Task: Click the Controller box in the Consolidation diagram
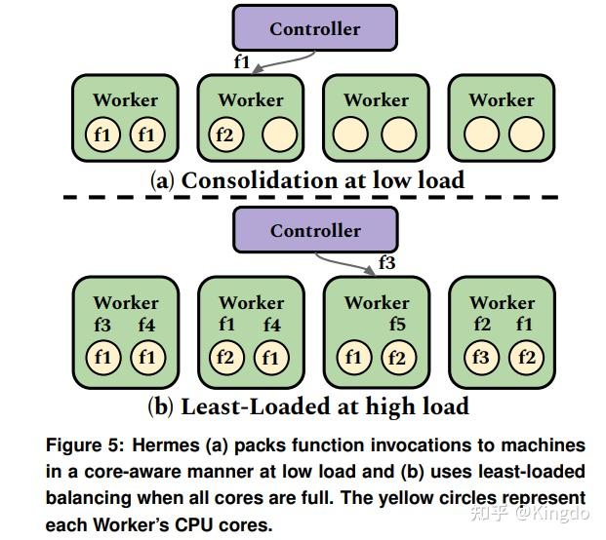pos(314,28)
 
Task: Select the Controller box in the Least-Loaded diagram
pos(314,231)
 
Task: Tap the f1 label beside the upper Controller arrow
pos(242,61)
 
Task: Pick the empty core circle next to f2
pos(277,135)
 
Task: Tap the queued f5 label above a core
pos(396,325)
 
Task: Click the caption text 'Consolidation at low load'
pos(322,180)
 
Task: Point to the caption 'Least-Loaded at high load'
pos(322,405)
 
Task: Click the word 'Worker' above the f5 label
pos(377,302)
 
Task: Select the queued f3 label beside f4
pos(102,325)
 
